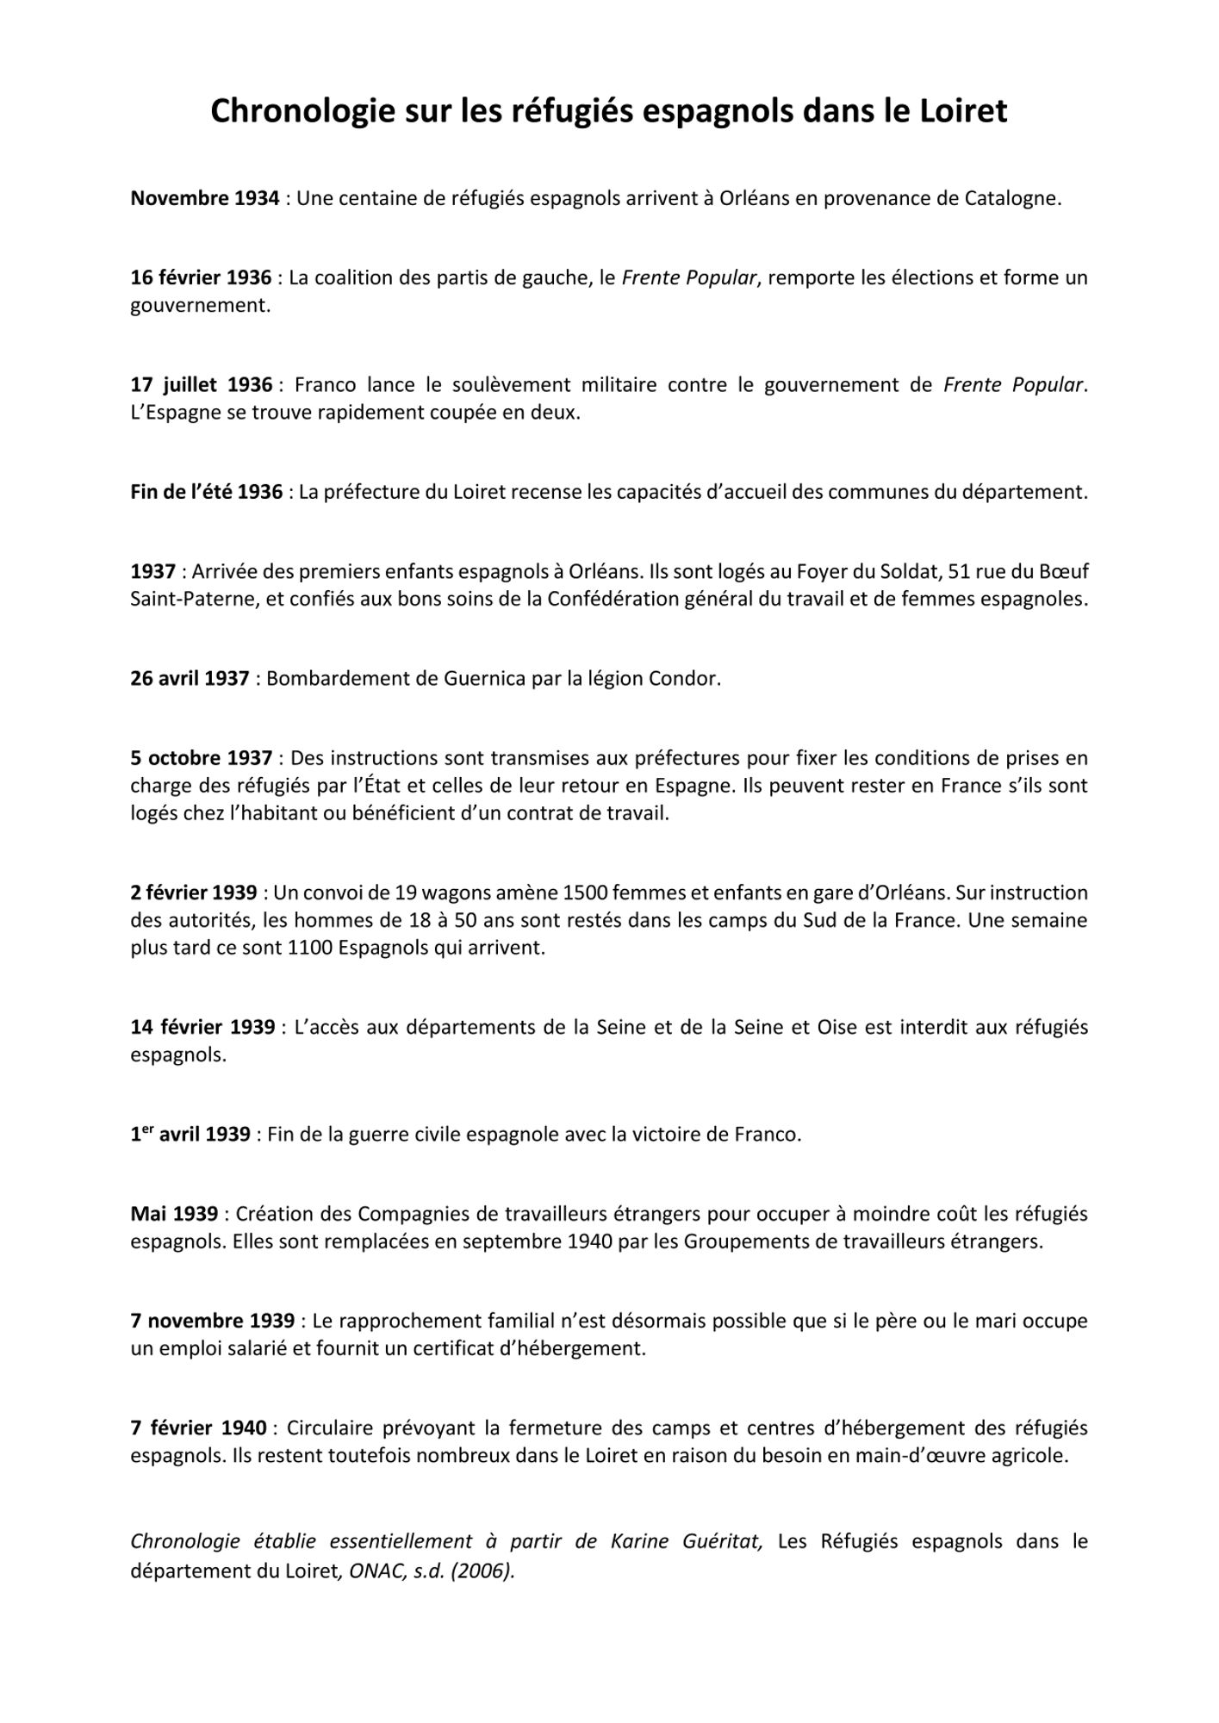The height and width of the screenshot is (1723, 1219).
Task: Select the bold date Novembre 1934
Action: (x=204, y=199)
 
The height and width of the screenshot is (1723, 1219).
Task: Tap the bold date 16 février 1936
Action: (x=201, y=278)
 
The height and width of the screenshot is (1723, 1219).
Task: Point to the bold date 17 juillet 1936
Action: (x=202, y=385)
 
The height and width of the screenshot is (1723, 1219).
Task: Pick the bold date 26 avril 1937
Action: (x=190, y=679)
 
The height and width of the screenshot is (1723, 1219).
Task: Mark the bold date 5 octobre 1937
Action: (x=202, y=758)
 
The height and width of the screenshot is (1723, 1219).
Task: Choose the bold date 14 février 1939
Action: (x=202, y=1028)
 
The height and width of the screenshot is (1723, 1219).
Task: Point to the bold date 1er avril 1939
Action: (x=190, y=1135)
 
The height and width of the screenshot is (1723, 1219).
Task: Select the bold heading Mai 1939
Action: (x=174, y=1215)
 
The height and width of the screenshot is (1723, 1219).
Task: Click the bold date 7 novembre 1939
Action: (x=212, y=1322)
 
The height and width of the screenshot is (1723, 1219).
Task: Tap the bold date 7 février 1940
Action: (x=199, y=1428)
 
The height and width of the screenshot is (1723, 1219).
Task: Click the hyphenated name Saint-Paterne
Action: (x=194, y=600)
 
